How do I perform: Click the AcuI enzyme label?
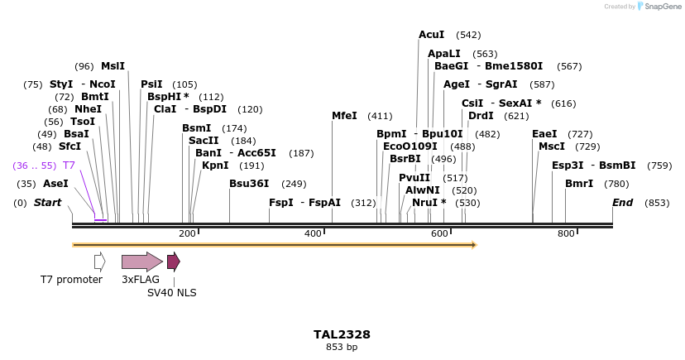coord(432,35)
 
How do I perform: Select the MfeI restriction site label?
coord(344,116)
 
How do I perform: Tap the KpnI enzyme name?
coord(215,166)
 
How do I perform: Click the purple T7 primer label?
coord(69,166)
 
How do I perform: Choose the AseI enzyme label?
coord(55,184)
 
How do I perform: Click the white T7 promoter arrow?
coord(100,262)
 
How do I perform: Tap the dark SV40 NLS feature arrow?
coord(173,262)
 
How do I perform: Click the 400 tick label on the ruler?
coord(313,234)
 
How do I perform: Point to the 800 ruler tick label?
coord(566,234)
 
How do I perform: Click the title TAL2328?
coord(342,334)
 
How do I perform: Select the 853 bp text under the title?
coord(342,348)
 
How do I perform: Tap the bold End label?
coord(622,203)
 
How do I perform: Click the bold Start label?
coord(47,203)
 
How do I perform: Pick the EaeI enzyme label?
coord(544,134)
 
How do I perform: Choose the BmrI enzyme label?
coord(579,184)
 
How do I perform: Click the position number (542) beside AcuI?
coord(468,36)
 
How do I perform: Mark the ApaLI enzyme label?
coord(444,53)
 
